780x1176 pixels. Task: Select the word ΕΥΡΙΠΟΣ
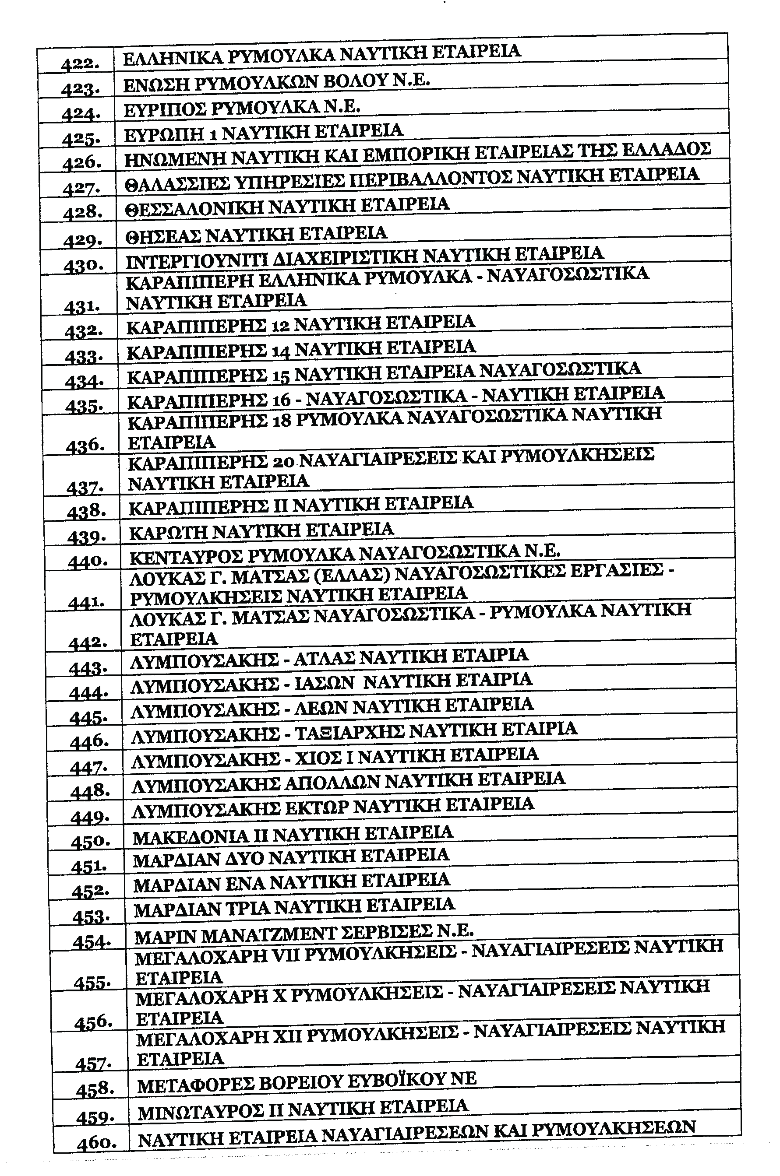[x=164, y=109]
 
